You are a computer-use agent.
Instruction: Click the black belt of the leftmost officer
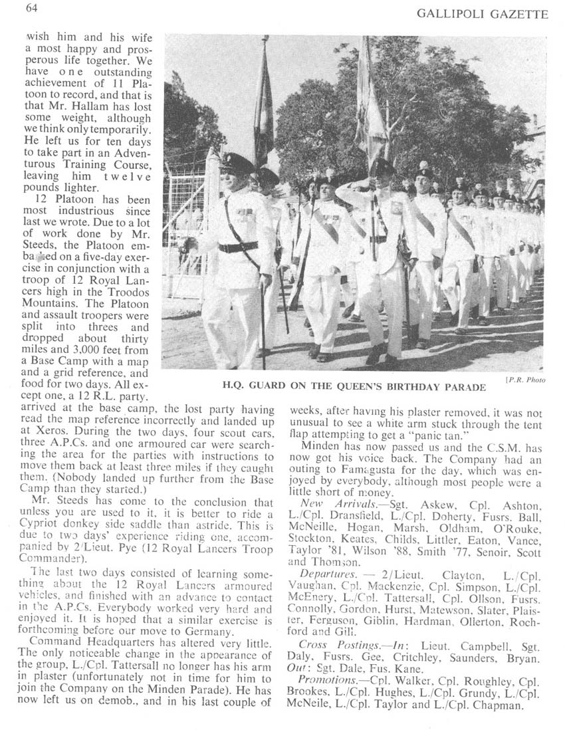coord(238,247)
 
